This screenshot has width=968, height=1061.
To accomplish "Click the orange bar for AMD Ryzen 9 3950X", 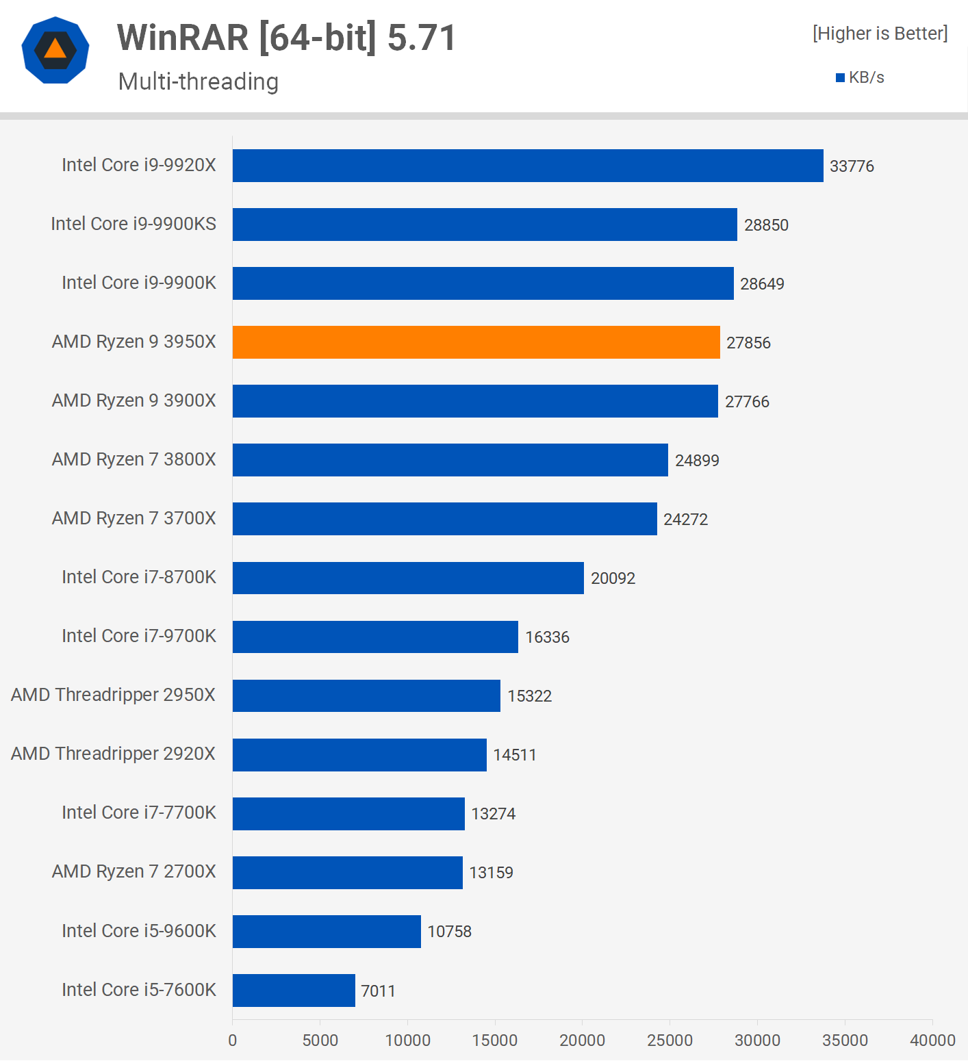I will coord(476,342).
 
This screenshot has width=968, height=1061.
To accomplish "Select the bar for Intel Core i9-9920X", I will coord(527,166).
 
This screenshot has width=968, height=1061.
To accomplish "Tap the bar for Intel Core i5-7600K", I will coord(294,990).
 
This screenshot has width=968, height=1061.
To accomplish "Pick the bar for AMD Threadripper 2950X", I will coord(366,695).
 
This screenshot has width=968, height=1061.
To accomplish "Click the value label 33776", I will coord(852,166).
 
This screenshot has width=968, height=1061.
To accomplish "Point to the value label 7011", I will coord(378,990).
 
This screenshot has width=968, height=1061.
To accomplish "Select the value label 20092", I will coord(613,578).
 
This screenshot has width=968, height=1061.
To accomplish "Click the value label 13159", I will coord(491,873).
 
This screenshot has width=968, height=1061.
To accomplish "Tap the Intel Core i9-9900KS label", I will coord(133,224).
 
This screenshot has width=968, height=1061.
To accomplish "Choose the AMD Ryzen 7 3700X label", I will coord(134,518).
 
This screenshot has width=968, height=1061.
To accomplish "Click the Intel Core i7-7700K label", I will coord(139,813).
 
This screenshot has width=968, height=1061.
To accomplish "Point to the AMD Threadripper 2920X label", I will coord(113,754).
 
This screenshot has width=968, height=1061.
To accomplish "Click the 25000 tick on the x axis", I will coord(670,1040).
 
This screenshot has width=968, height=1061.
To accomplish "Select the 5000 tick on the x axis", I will coord(320,1040).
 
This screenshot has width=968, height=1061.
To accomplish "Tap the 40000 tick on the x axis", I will coord(932,1040).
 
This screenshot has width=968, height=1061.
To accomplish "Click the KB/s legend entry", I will coord(861,77).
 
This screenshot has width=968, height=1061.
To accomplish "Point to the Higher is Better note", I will coord(880,34).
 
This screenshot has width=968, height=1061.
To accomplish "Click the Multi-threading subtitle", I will coord(199,81).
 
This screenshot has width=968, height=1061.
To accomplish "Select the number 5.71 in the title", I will coord(422,38).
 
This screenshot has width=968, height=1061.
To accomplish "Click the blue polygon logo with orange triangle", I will coord(55,50).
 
